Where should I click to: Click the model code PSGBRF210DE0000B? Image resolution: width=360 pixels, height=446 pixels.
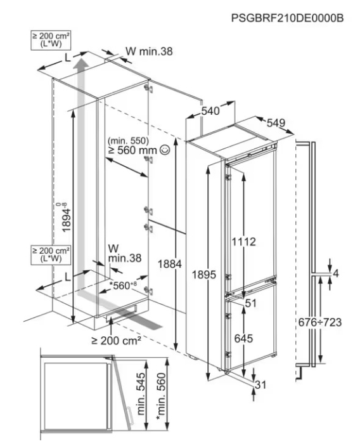coord(287,18)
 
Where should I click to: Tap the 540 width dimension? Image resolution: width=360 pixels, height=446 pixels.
coord(210,110)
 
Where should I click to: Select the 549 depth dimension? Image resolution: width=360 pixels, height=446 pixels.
coord(276,122)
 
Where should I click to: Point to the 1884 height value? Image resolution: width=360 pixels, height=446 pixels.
coord(170,264)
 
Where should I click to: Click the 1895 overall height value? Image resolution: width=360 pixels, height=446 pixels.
coord(203,275)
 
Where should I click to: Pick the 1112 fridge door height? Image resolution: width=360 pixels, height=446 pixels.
coord(244,242)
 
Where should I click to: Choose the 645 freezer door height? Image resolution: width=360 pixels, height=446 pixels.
coord(243,339)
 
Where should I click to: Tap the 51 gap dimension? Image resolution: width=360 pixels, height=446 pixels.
coord(251,303)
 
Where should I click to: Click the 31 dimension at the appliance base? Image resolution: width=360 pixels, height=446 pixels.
coord(260,384)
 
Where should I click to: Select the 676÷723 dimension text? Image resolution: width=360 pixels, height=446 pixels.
coord(319,322)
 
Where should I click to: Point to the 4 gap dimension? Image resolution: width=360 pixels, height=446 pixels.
coord(336,273)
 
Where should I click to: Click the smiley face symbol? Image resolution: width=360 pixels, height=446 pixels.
coord(165,150)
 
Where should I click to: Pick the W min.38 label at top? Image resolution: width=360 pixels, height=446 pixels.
coord(149,51)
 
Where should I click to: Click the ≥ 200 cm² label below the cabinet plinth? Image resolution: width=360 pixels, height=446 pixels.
coord(116,340)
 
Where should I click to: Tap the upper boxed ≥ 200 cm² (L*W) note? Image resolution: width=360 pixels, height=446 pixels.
coord(51,41)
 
